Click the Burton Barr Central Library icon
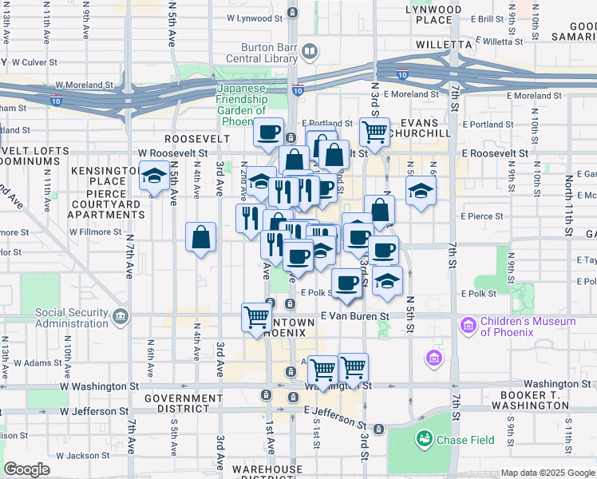click(309, 53)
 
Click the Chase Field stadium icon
click(423, 438)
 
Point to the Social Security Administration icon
click(120, 318)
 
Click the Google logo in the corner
click(26, 469)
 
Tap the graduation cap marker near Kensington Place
click(152, 177)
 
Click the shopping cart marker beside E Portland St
click(374, 133)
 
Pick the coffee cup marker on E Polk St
click(346, 283)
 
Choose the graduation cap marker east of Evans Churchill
click(421, 192)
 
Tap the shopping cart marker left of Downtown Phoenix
click(255, 318)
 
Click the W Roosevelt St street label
click(172, 152)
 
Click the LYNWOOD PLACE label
click(433, 14)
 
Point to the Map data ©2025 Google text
click(547, 472)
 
